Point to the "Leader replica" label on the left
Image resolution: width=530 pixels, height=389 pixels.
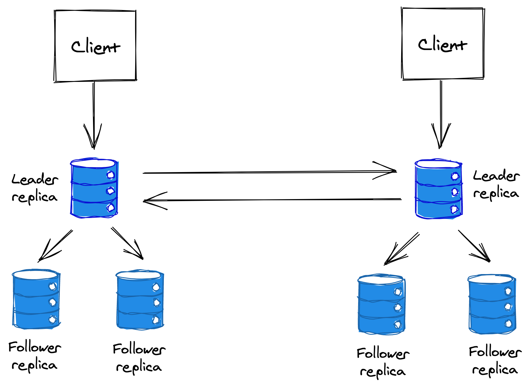35,188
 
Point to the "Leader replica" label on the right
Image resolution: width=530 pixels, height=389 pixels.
496,184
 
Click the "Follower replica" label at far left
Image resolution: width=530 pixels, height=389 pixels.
34,356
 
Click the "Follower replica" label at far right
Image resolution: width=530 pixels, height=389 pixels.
495,361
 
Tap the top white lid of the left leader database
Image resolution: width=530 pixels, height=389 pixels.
93,163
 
